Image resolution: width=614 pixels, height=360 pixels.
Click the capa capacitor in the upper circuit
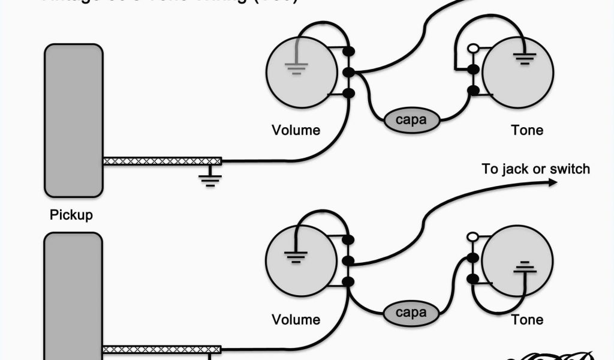coord(411,119)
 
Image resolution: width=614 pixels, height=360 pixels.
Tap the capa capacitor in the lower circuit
coord(411,313)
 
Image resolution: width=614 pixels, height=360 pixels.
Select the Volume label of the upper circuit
coord(296,130)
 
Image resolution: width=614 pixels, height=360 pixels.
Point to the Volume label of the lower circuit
coord(296,319)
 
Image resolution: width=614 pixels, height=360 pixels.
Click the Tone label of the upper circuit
coord(527,130)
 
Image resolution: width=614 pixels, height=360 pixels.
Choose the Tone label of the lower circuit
coord(527,319)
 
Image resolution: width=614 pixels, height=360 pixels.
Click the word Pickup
coord(71,214)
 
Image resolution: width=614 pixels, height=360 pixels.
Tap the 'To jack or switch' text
coord(535,169)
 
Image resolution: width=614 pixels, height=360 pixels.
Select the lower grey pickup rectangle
coord(73,294)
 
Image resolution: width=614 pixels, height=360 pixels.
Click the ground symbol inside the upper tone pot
coord(523,59)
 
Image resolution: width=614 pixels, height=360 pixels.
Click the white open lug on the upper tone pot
coord(473,49)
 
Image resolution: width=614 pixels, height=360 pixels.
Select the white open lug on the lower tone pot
coord(472,238)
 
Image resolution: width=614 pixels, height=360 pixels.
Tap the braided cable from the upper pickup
coord(162,161)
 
